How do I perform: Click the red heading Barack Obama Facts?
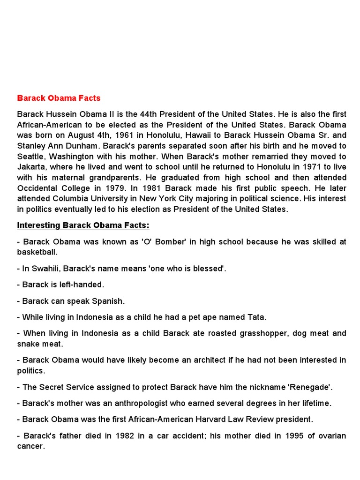pos(59,98)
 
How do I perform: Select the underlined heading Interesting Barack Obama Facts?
pos(83,225)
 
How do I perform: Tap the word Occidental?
pos(40,188)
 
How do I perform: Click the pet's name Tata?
pos(256,317)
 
